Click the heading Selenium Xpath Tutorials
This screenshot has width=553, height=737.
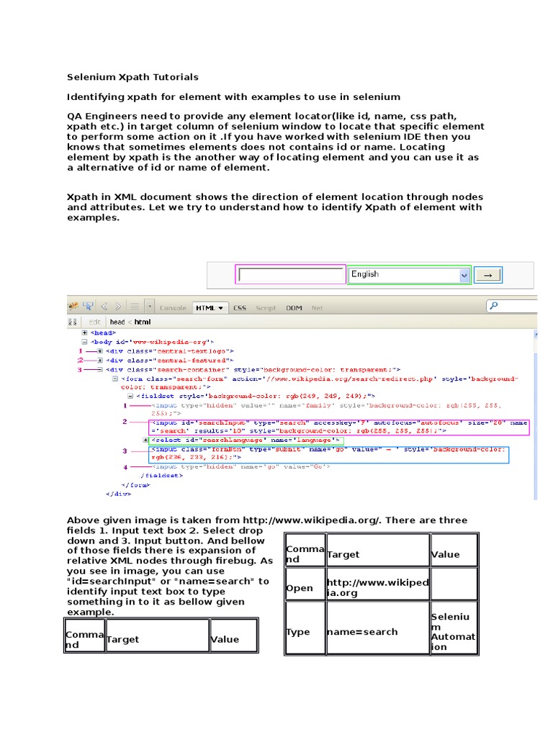coord(132,77)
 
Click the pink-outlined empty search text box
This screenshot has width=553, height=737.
coord(291,275)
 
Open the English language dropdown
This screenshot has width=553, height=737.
coord(408,275)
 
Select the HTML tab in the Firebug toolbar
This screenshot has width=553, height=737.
coord(209,308)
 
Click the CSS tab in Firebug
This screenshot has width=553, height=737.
coord(239,308)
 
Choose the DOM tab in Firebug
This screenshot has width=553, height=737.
coord(294,308)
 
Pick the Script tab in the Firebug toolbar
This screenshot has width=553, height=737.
coord(266,308)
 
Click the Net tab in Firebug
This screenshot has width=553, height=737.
coord(317,308)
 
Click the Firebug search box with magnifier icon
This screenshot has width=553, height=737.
coord(513,306)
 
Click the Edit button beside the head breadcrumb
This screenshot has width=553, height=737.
coord(94,322)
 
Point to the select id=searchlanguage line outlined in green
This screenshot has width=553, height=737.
coord(245,440)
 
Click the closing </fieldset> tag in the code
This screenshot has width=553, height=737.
coord(161,476)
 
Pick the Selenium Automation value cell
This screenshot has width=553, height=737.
coord(453,632)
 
